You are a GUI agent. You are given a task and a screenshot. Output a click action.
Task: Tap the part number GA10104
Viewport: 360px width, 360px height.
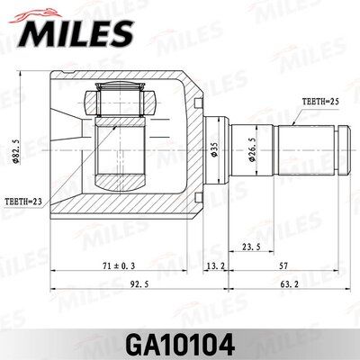point(180,343)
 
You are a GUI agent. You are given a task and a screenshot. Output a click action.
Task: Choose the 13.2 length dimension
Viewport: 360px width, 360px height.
point(214,266)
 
